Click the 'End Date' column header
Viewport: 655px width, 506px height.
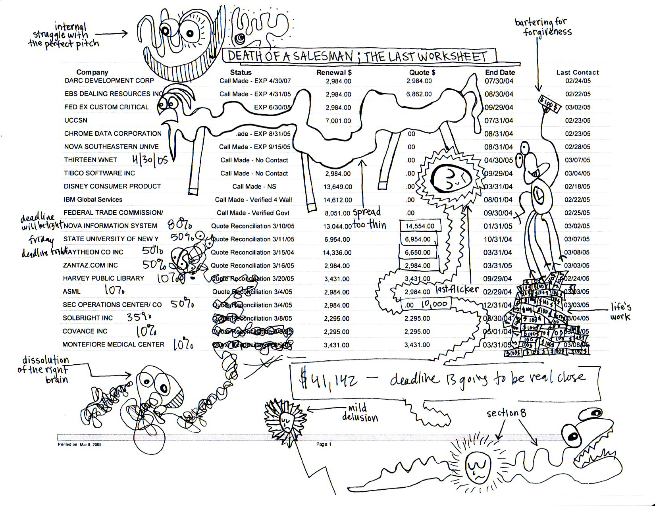point(500,73)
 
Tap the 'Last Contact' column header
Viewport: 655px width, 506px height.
point(577,73)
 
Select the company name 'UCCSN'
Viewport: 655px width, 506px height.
point(76,120)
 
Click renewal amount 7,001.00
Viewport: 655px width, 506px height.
point(338,121)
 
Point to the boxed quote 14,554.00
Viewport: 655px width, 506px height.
point(420,226)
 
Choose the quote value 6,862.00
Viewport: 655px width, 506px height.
point(419,94)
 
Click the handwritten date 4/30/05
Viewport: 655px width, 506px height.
point(150,160)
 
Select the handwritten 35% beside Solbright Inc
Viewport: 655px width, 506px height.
point(139,317)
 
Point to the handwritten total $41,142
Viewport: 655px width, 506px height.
point(329,380)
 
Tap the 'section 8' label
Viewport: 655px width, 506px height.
point(506,413)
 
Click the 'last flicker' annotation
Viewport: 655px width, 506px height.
point(457,289)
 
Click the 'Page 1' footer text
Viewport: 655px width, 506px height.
point(324,444)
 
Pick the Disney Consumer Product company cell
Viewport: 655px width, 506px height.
point(112,186)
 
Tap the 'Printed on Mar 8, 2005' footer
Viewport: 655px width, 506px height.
point(79,444)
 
